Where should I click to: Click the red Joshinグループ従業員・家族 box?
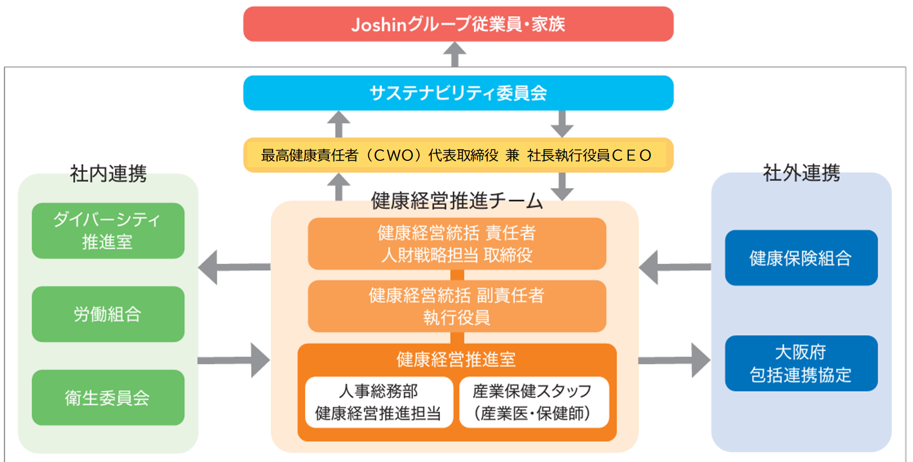[458, 24]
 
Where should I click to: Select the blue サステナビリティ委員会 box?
[458, 93]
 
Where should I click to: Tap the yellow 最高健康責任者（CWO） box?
[458, 155]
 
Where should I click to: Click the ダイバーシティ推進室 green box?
[108, 231]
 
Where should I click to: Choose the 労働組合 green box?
[108, 314]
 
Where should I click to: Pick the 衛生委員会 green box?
[108, 398]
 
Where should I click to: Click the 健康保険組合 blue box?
[801, 258]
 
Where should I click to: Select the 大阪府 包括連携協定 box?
[801, 363]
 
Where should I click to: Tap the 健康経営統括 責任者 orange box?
[456, 244]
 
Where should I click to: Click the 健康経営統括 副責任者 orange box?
[456, 306]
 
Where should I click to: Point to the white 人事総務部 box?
[379, 402]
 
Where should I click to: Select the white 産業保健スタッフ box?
[533, 402]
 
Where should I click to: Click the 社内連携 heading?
[108, 173]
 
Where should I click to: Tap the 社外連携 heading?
[801, 172]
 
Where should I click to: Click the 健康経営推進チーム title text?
[456, 201]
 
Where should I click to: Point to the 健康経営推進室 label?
[456, 360]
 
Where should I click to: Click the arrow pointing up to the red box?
[455, 54]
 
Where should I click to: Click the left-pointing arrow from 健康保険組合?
[673, 268]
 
